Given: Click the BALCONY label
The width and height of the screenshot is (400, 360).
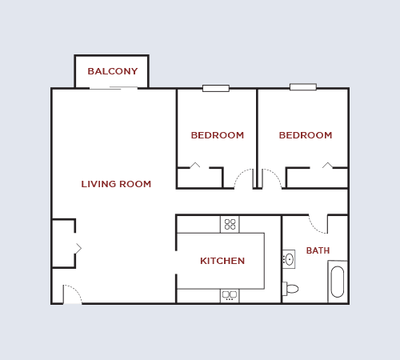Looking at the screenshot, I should click(112, 71).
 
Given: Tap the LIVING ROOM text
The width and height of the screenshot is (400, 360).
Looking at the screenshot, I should click(116, 184).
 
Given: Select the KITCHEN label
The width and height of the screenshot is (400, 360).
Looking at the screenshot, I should click(222, 261).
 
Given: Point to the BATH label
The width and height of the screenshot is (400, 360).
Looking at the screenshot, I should click(318, 250).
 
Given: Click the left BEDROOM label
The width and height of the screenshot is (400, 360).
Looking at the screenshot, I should click(217, 135).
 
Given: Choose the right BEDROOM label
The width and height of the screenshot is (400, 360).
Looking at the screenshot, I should click(305, 135).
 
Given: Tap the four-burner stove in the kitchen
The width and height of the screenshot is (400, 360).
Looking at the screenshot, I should click(230, 224).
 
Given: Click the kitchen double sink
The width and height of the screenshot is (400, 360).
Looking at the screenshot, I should click(230, 295).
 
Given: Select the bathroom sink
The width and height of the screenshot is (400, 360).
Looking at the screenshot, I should click(289, 259).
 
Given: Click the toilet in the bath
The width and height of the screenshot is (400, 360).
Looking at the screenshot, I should click(290, 289).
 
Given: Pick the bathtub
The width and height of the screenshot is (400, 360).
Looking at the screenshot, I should click(338, 282).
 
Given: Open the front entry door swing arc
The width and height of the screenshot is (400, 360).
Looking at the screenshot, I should click(72, 294).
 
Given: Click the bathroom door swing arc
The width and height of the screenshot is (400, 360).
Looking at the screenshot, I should click(318, 223).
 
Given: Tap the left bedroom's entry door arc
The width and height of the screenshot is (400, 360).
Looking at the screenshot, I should click(243, 179).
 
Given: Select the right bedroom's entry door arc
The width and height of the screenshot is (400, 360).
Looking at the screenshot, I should click(272, 179).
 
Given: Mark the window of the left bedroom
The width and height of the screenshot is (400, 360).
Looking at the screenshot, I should click(215, 88).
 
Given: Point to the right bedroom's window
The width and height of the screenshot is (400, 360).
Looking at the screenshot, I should click(302, 86).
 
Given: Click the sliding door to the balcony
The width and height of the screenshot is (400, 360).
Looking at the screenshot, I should click(114, 87).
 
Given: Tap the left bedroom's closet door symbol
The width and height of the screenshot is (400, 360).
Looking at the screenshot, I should click(194, 166).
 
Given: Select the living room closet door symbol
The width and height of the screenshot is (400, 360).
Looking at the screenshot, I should click(78, 249).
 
